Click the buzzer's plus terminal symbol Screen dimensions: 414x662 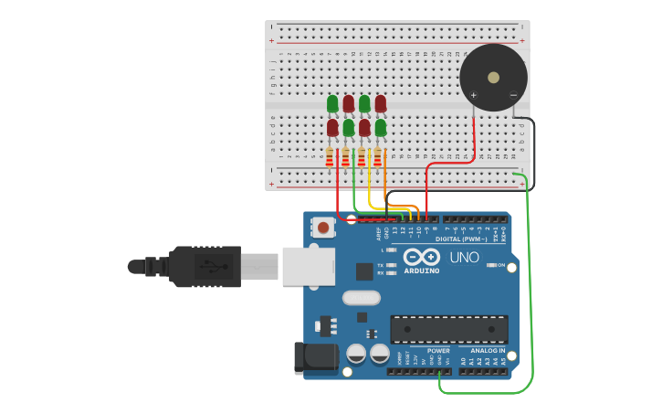coord(473,95)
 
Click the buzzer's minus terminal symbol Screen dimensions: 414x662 coord(513,95)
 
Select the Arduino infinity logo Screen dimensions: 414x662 coord(422,257)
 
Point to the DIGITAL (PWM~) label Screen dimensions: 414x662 coord(461,239)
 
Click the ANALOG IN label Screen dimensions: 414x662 coord(488,350)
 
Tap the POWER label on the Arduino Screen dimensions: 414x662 coord(438,350)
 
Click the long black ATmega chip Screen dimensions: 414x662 coord(448,329)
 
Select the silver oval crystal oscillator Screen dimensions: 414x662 coord(361,297)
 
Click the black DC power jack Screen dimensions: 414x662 coord(311,358)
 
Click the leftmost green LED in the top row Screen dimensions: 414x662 coord(332,104)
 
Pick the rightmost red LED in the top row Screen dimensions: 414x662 coord(381,104)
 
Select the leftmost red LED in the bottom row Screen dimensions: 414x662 coord(332,128)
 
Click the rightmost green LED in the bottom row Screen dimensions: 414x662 coord(381,128)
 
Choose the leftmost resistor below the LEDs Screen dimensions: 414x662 coord(330,158)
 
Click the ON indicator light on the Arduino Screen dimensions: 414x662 coord(491,265)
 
